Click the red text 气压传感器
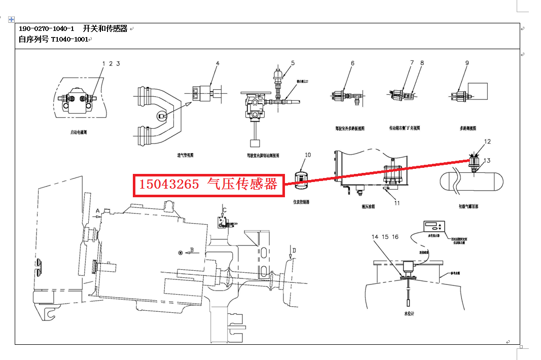[242, 185]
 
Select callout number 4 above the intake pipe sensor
[218, 63]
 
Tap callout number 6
[352, 63]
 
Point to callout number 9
[467, 63]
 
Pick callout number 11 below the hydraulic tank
[397, 203]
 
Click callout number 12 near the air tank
[487, 141]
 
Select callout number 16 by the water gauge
[395, 237]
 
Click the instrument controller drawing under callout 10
[302, 180]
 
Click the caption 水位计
[409, 314]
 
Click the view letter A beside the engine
[97, 210]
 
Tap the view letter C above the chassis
[225, 209]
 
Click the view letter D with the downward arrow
[294, 249]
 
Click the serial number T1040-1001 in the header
[70, 39]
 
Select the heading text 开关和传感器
[105, 29]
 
